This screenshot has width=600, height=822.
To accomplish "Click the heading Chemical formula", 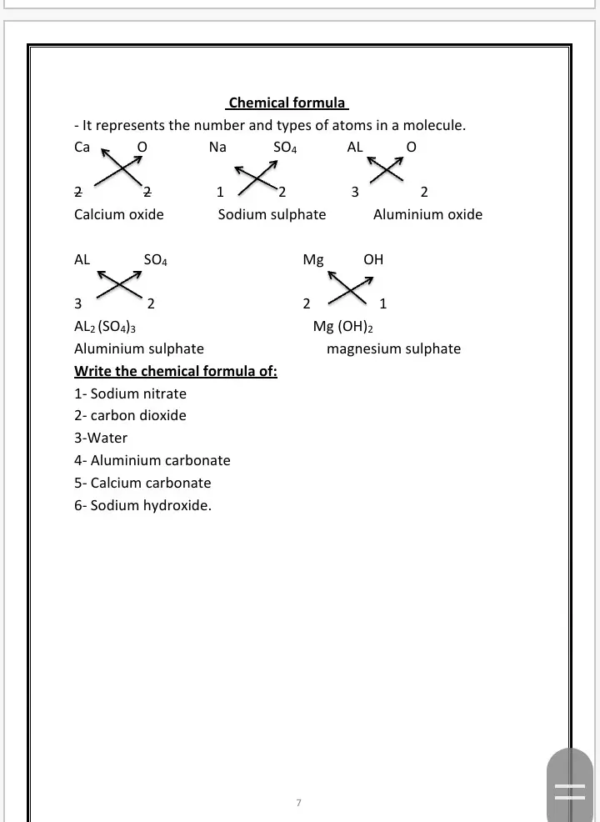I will [x=287, y=103].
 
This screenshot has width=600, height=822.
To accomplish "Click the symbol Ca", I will [x=82, y=148].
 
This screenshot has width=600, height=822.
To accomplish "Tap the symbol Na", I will [x=217, y=148].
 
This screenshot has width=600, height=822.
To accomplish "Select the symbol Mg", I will [x=313, y=259].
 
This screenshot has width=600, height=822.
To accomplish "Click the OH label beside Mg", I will [x=373, y=259].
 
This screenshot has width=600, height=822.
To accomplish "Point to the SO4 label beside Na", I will [x=285, y=148].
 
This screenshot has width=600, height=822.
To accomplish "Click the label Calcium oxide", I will [x=119, y=214].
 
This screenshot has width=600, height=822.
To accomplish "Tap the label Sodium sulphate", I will [x=272, y=214].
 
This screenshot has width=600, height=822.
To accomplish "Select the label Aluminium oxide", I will [x=427, y=214].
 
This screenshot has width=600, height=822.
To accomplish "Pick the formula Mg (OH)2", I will [x=337, y=327].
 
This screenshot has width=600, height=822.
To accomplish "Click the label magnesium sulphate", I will [x=393, y=348].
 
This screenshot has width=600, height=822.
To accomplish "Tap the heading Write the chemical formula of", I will [x=176, y=371].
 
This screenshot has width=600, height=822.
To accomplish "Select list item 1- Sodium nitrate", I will [x=130, y=393].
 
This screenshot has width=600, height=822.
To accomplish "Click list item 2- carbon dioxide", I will [x=130, y=415].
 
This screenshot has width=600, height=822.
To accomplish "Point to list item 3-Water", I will [x=101, y=438].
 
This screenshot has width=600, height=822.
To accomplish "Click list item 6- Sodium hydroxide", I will [x=142, y=505].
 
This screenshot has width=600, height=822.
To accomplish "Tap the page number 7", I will [x=298, y=803].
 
